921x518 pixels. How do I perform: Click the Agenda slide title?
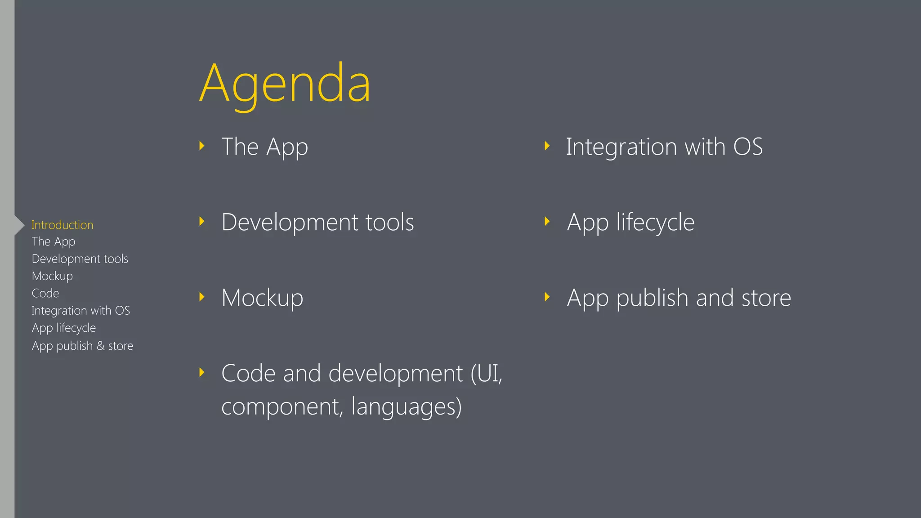coord(285,84)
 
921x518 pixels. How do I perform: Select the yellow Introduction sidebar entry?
coord(63,225)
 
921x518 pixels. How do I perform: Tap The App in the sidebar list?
coord(54,242)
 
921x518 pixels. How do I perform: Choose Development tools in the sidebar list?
coord(80,259)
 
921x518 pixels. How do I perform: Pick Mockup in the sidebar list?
coord(52,276)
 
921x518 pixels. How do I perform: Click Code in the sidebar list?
coord(45,293)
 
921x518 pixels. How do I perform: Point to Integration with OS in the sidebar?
coord(81,311)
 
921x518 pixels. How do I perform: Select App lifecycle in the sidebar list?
coord(64,328)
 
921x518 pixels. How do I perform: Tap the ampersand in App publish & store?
coord(100,346)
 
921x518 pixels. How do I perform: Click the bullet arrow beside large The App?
coord(202,146)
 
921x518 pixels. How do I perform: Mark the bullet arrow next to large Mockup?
coord(202,297)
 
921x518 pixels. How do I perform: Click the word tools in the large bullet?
coord(389,223)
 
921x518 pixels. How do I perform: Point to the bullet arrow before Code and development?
coord(202,372)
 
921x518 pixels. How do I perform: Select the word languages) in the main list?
coord(406,407)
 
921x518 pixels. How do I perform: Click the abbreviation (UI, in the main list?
coord(486,374)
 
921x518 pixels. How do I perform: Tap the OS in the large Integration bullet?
coord(748,147)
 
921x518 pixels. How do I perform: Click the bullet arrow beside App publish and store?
coord(547,297)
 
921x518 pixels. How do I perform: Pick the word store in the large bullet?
coord(766,298)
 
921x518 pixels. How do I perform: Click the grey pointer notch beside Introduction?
coord(19,225)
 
